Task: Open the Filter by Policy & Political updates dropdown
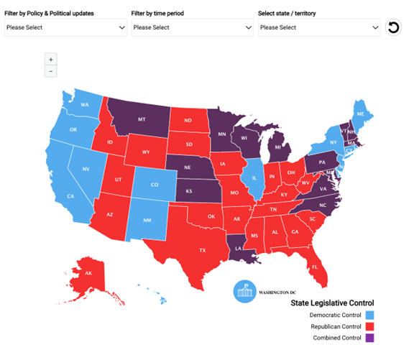coord(65,27)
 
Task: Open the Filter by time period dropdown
coord(192,27)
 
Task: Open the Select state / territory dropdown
coord(319,27)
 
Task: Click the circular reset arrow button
coord(392,28)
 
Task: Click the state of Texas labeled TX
coord(202,250)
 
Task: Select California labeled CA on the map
coord(71,195)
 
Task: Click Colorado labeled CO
coord(155,184)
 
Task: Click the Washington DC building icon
coord(244,292)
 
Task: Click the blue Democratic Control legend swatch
coord(369,315)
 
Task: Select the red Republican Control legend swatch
coord(369,326)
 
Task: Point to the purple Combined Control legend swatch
coord(369,338)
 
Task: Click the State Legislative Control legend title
coord(331,303)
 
